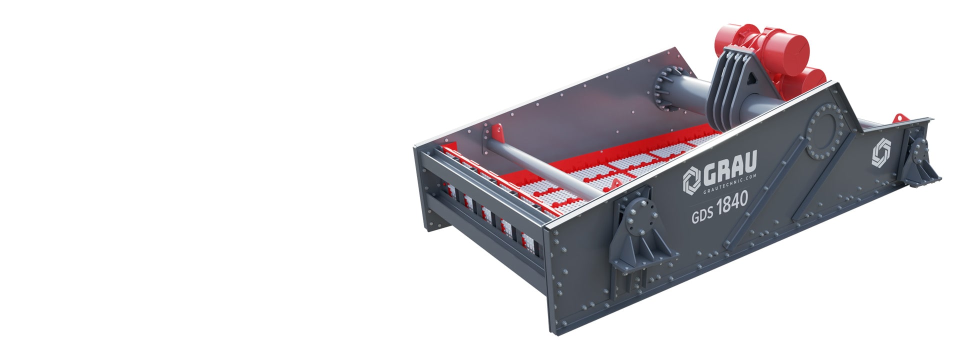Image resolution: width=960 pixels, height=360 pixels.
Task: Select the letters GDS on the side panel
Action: tap(702, 216)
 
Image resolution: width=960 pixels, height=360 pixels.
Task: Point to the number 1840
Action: tap(732, 203)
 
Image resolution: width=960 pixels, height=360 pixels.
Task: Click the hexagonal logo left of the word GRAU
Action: tap(692, 179)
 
